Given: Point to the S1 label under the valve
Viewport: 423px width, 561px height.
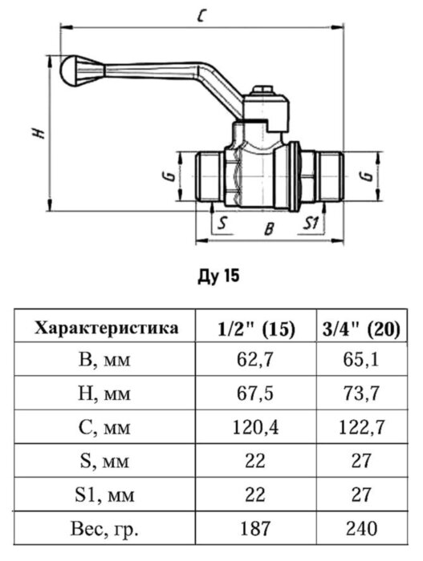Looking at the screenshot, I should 313,224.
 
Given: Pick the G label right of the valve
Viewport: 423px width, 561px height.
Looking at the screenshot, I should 365,176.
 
